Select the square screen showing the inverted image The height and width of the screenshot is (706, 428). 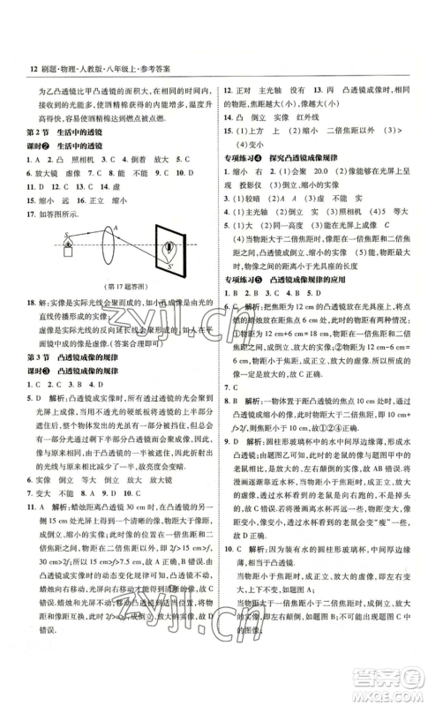pyautogui.click(x=165, y=250)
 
